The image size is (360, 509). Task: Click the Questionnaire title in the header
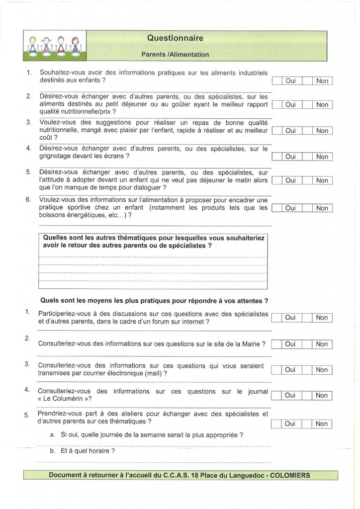point(175,38)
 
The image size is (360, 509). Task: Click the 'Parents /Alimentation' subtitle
point(175,54)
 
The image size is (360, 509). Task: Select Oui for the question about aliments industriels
point(290,81)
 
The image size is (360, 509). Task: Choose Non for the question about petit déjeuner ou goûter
point(322,105)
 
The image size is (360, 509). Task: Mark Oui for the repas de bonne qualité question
point(290,131)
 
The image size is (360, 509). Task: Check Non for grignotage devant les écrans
point(322,157)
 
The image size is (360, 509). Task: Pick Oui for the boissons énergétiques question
point(290,208)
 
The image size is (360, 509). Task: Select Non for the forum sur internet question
point(322,318)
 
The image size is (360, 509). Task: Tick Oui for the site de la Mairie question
point(290,344)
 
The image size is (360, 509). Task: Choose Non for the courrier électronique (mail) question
point(322,370)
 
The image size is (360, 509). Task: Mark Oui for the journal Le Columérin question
point(290,396)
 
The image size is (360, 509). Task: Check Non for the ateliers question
point(322,424)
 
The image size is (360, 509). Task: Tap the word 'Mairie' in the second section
point(249,343)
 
